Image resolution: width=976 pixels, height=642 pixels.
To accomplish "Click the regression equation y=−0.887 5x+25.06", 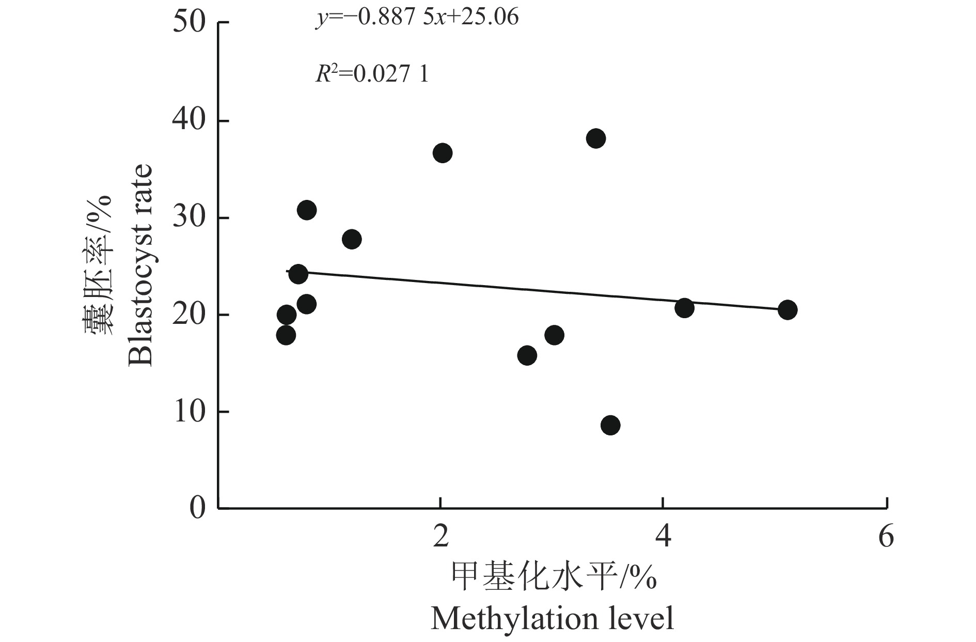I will (417, 18).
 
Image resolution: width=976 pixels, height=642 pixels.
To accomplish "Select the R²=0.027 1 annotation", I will (372, 75).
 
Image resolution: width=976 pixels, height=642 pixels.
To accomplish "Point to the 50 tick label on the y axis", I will (189, 23).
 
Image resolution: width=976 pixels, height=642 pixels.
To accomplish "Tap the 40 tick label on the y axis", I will (189, 121).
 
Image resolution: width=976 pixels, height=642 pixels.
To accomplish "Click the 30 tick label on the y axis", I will (189, 218).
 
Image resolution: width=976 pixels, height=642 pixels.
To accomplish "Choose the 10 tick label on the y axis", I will (189, 412).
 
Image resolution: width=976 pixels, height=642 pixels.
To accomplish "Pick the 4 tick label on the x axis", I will (663, 537).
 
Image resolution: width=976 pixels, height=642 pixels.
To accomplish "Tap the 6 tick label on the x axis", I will (886, 537).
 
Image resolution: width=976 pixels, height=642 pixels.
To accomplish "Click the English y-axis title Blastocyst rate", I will (140, 265).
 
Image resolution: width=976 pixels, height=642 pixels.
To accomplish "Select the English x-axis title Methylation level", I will (552, 618).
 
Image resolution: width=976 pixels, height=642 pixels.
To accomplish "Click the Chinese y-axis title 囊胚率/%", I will (98, 265).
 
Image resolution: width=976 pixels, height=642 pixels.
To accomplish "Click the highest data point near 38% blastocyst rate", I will (596, 138).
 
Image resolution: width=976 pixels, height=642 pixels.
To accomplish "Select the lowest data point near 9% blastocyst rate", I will (610, 425).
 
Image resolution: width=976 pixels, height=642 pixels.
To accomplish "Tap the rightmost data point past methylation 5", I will (787, 310).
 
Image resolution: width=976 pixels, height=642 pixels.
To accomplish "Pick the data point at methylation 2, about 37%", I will (443, 153).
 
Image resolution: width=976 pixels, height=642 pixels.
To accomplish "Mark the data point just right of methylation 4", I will (684, 308).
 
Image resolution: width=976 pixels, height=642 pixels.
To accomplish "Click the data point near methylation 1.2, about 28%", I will (352, 239).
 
